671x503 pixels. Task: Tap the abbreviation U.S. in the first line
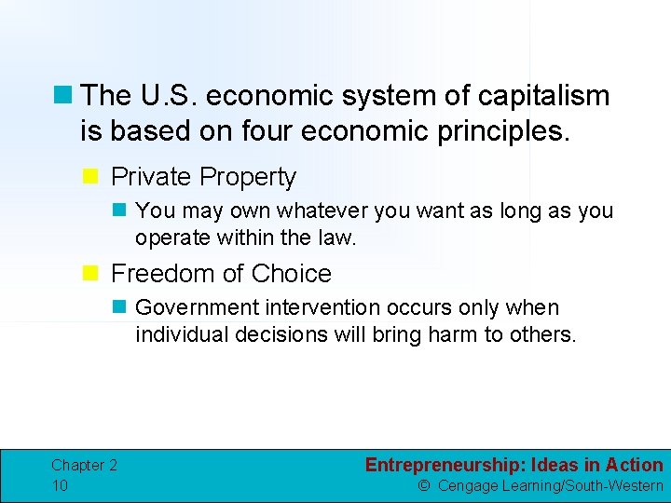[x=166, y=96]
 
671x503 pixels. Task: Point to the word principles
[x=503, y=131]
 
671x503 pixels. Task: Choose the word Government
[x=192, y=308]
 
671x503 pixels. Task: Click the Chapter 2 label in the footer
[x=84, y=466]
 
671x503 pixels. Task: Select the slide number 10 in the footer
[x=60, y=485]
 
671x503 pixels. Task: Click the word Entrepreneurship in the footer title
[x=441, y=465]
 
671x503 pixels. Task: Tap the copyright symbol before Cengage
[x=423, y=485]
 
